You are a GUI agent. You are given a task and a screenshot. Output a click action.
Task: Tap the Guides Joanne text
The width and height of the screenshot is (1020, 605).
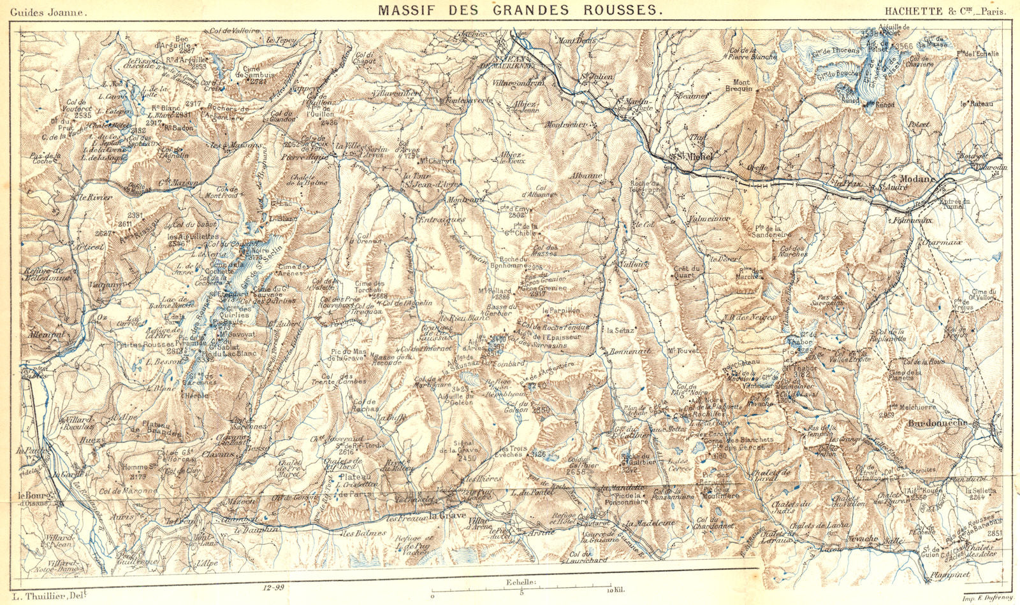point(54,11)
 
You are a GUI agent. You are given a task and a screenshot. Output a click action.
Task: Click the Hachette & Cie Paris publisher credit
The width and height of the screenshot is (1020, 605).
point(945,11)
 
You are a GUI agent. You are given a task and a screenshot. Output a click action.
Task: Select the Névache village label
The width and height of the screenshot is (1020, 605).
point(863,539)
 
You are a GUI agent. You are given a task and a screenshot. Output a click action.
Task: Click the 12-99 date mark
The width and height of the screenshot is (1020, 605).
point(272,587)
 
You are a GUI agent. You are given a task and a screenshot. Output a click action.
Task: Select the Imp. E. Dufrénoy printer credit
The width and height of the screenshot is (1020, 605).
point(986,596)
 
